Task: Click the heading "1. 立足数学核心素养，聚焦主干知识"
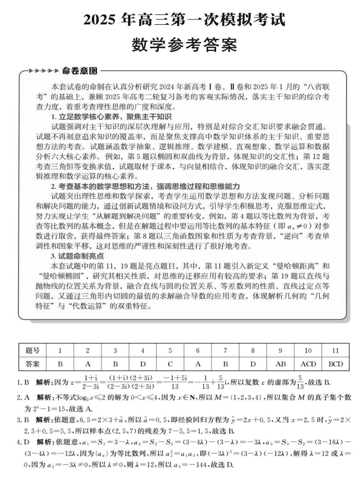pos(111,117)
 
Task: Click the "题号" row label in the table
pos(33,350)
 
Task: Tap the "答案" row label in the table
pos(33,363)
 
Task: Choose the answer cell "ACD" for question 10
pos(308,363)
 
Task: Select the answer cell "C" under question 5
pos(171,363)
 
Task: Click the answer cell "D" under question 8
pos(253,363)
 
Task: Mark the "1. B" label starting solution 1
pos(23,383)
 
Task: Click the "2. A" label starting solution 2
pos(23,398)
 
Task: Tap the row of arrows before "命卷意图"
pos(43,71)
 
